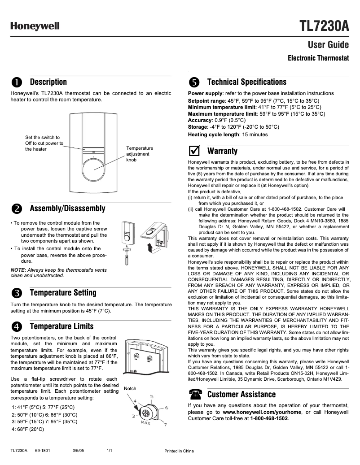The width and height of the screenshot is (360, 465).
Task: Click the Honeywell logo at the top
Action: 35,26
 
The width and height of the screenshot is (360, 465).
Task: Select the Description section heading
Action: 48,82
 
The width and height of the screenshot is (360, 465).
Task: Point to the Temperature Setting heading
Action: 63,293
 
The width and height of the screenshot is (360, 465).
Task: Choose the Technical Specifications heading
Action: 246,82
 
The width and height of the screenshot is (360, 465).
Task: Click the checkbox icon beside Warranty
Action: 194,151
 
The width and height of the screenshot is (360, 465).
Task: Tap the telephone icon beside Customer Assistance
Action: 194,395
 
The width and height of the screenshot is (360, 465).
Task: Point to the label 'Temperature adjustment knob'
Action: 139,154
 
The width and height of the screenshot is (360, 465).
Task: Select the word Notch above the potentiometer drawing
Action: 130,388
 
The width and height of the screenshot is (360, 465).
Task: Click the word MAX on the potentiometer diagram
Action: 145,423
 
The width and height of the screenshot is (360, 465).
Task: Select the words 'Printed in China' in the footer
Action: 179,451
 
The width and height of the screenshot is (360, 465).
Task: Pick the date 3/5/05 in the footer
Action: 78,451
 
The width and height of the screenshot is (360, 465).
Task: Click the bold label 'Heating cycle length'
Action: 213,134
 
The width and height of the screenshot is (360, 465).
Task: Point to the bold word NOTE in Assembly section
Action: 18,270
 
